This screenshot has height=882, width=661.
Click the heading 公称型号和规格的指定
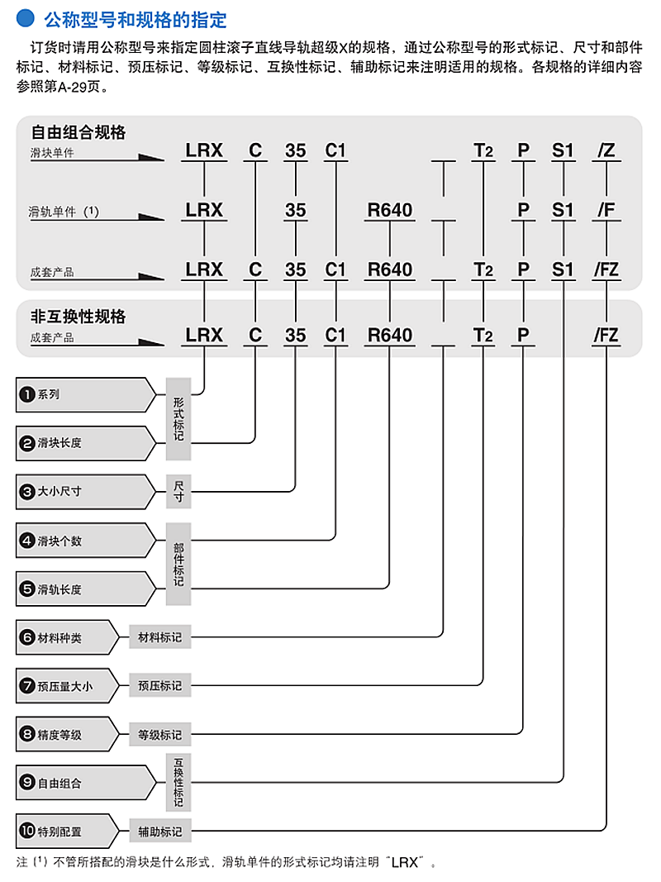coord(136,20)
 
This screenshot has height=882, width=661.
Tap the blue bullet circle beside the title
coord(26,18)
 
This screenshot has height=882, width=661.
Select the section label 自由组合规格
coord(78,132)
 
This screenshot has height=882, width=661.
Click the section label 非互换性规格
coord(78,317)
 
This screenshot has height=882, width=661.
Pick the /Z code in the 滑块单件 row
coord(606,150)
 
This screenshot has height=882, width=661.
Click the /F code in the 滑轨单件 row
coord(606,211)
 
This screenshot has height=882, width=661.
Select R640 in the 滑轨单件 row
coord(389,211)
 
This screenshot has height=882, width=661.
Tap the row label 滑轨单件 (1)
coord(64,212)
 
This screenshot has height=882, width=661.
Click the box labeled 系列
coord(85,395)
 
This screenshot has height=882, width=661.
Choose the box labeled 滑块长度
coord(85,443)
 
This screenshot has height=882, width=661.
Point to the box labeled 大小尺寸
coord(85,492)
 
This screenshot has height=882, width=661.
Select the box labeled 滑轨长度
coord(85,589)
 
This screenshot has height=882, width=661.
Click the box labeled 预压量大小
coord(68,686)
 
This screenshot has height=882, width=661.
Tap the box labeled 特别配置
coord(68,831)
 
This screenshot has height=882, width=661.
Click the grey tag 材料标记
coord(160,637)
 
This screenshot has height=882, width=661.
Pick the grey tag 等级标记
coord(160,735)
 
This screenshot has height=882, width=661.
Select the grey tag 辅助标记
coord(160,832)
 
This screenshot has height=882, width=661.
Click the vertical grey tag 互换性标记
coord(178,783)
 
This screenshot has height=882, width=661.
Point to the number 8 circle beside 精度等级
coord(27,734)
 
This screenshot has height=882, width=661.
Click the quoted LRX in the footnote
coord(405,863)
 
